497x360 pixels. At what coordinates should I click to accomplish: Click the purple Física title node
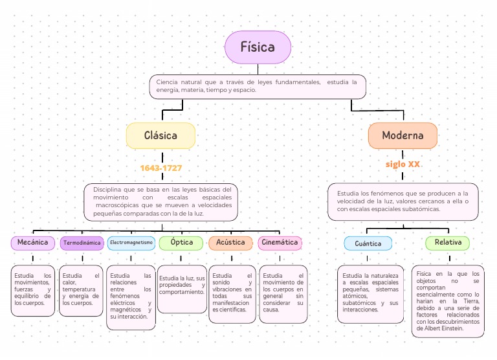click(258, 47)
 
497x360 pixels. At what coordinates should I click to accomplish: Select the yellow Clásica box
click(160, 136)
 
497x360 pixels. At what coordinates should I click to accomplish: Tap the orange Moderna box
click(403, 136)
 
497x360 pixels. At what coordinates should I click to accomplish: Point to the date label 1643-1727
click(160, 168)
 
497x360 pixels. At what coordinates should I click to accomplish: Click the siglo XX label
click(403, 164)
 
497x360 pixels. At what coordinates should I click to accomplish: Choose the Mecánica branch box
click(33, 243)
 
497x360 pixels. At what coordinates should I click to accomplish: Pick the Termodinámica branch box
click(82, 243)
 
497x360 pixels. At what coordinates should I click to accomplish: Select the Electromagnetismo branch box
click(131, 243)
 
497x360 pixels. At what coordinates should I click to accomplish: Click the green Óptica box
click(181, 243)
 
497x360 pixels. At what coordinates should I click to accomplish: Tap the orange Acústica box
click(231, 243)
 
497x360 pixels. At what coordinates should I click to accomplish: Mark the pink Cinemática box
click(280, 243)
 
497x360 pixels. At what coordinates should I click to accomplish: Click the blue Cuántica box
click(368, 243)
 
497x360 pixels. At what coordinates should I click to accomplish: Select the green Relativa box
click(448, 243)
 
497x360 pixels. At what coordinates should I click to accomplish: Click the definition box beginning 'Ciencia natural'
click(258, 87)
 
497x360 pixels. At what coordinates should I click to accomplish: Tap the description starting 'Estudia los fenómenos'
click(403, 201)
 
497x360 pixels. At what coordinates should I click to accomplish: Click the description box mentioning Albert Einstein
click(448, 301)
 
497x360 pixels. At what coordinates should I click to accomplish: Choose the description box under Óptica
click(182, 289)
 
